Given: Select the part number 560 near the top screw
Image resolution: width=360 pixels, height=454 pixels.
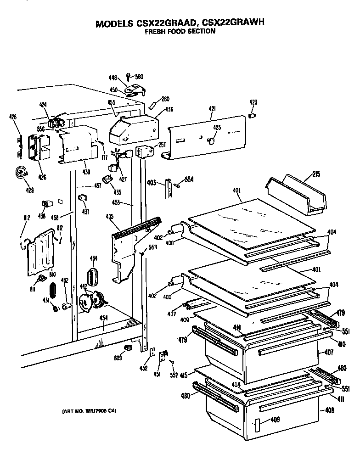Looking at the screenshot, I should point(139,77).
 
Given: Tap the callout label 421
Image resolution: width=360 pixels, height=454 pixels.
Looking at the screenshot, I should point(212,108).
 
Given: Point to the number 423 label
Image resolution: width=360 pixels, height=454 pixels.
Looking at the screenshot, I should point(253,102).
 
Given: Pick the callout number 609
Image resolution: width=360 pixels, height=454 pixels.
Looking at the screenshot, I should point(118,358).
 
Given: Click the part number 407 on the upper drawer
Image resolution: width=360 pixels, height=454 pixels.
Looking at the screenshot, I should point(329,353).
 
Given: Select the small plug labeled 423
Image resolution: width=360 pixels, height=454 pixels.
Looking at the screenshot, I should point(252,113).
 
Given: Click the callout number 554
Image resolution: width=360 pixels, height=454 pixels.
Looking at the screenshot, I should point(189,179).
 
